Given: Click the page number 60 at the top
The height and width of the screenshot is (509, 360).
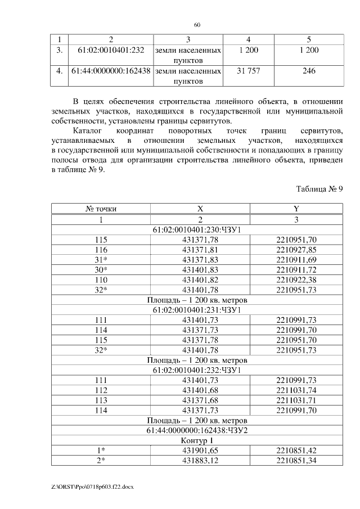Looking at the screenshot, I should (197, 25).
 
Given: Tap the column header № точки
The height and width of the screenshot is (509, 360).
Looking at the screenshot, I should (101, 209).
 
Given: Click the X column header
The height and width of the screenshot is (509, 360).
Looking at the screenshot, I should (200, 209).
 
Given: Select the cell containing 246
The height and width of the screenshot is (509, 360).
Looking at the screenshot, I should (309, 71).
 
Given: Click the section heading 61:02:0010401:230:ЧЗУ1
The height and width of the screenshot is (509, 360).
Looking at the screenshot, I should (197, 229).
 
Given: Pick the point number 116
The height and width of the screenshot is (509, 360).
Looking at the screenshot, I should (101, 250).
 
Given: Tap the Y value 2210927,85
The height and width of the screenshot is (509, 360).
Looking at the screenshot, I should (296, 250).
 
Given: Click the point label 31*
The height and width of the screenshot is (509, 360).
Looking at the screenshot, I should (101, 260).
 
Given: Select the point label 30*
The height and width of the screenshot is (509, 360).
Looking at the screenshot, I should (101, 270).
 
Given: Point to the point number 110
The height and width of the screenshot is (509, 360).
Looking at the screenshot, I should (101, 280).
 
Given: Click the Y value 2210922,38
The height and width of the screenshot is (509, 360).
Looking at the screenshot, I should (296, 280).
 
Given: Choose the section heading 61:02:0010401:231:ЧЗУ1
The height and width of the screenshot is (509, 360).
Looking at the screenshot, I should (197, 310).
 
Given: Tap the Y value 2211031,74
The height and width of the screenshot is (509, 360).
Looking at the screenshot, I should (296, 390).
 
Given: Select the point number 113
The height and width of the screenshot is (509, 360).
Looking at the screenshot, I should (101, 400).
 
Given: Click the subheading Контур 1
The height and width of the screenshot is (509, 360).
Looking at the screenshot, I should (197, 440).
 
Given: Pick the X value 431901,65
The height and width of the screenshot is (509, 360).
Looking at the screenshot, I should (200, 451).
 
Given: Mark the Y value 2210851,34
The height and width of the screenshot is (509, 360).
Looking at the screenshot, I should (296, 461).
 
